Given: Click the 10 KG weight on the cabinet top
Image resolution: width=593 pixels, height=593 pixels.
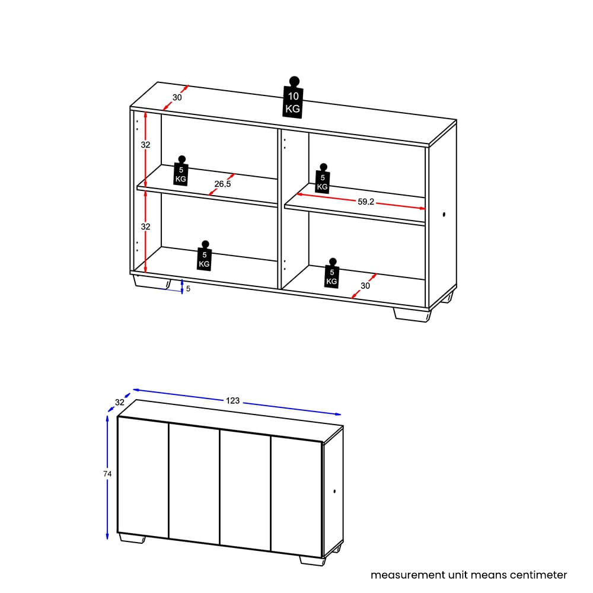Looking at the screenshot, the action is coord(293,98).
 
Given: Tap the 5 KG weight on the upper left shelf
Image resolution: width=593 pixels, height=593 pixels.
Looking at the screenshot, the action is coord(181,171).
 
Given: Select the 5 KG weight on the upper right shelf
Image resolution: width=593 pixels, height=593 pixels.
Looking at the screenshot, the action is coord(323,179).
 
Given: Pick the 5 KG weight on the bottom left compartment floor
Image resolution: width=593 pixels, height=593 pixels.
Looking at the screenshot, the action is coord(205,256).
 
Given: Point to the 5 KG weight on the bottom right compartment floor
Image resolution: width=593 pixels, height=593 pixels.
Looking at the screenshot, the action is coord(332,273).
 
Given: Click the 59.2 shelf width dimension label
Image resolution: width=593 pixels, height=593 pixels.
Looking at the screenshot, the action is coord(366,202).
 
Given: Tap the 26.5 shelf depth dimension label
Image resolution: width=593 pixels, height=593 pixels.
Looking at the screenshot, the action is coord(222,184).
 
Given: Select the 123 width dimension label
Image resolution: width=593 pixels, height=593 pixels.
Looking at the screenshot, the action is coord(232,401).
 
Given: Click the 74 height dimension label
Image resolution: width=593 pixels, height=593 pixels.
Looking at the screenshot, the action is coord(107,474).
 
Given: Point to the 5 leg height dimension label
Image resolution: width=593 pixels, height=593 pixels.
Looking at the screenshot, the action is coord(189,289).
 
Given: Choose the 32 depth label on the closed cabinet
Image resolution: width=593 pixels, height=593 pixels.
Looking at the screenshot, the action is coord(120,403).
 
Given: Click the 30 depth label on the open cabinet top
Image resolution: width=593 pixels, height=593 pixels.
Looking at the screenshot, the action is coord(177,98).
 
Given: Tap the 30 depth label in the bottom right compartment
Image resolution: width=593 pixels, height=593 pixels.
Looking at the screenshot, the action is coord(365,286).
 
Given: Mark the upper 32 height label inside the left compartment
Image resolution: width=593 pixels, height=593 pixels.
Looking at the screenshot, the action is coord(146,145).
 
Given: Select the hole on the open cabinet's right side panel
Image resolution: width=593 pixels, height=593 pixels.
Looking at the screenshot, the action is coord(444,215).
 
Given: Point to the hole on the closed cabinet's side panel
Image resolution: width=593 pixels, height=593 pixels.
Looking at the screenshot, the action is coord(334,491).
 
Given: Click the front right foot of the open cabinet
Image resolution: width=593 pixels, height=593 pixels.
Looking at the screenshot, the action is coord(412,315).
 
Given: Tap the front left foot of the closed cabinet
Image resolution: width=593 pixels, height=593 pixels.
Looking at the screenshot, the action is coord(132,538).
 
